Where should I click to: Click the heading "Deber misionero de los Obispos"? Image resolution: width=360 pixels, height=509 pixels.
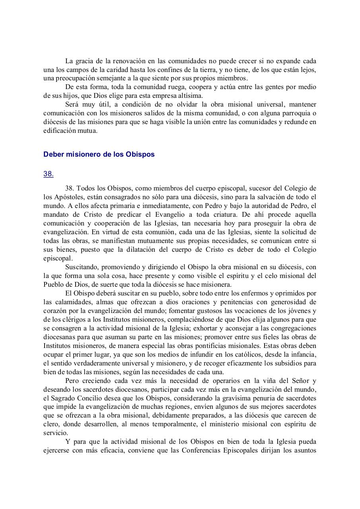point(99,155)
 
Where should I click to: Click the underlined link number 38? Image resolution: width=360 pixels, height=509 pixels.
point(48,174)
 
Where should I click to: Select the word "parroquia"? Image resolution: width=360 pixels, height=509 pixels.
point(280,113)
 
